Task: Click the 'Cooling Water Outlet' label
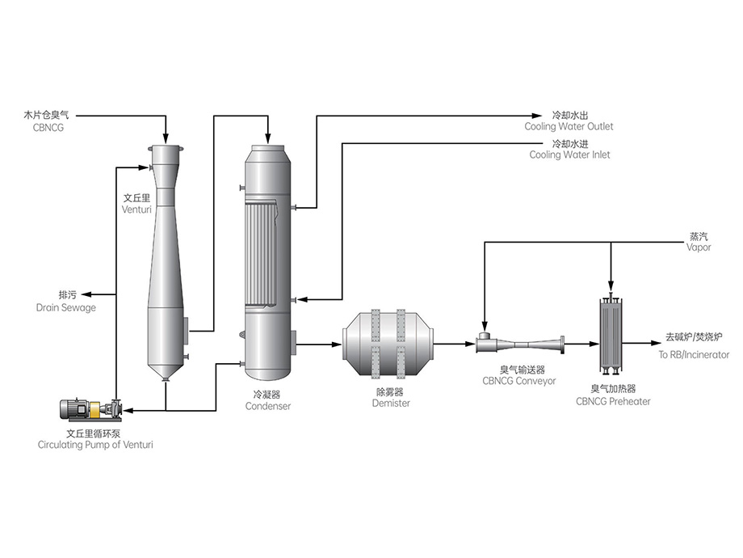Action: coord(569,127)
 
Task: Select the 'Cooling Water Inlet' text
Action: coord(569,154)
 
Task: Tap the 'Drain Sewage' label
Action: coord(65,308)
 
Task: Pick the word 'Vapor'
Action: coord(699,247)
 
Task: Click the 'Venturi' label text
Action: coord(137,209)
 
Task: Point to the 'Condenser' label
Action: coord(267,407)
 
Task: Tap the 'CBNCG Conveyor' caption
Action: coord(518,381)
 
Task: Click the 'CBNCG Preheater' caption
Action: coord(613,401)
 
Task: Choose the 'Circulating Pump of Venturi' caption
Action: coord(95,445)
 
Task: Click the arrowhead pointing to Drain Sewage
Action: coord(86,294)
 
